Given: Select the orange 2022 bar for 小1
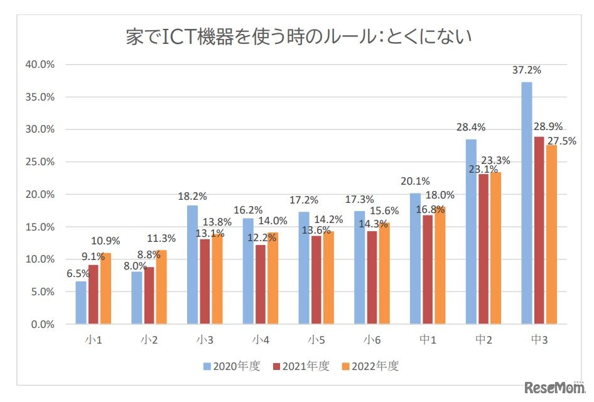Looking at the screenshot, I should pos(106,289).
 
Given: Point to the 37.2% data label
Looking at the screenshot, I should pos(526,70).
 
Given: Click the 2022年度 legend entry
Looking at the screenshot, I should pos(370,366).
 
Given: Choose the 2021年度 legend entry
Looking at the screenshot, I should pos(300,366).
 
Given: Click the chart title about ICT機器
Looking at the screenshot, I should pos(298,38).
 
